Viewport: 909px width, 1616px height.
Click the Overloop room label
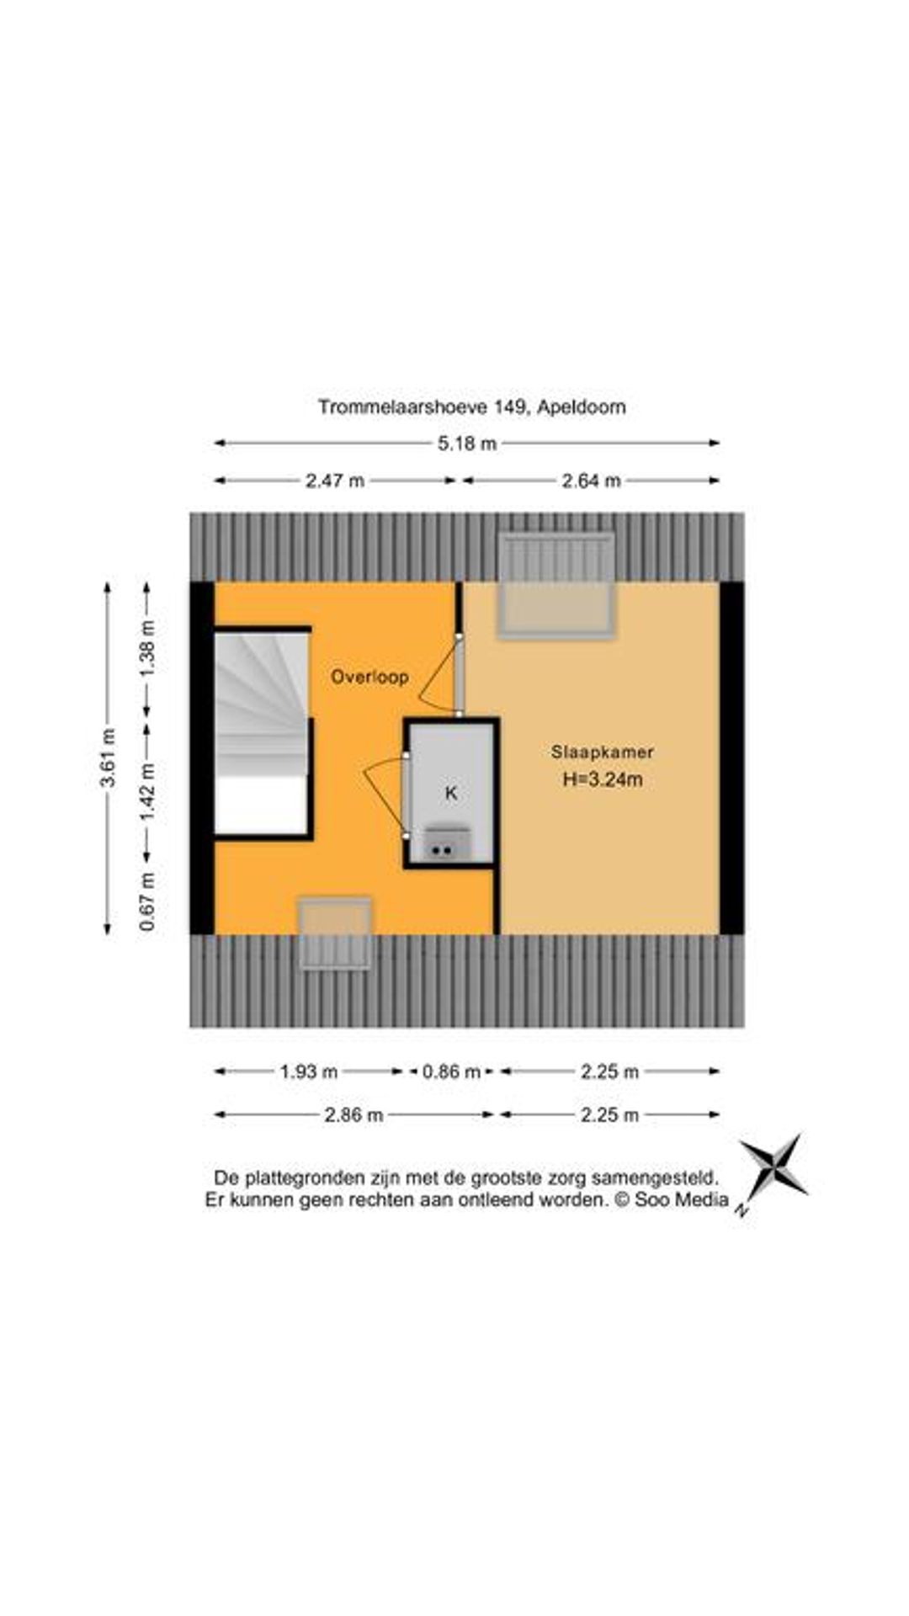[369, 676]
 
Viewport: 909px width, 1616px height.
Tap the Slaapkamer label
[603, 752]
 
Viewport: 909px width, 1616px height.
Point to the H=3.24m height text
[603, 779]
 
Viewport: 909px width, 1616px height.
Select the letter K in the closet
[451, 793]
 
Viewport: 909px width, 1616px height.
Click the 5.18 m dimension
[467, 444]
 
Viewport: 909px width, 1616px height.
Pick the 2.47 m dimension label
[334, 481]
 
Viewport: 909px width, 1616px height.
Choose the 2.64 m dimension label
[591, 481]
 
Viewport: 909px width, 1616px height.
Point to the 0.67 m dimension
[148, 901]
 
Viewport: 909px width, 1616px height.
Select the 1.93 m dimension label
[308, 1071]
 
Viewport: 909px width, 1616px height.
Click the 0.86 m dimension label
[451, 1071]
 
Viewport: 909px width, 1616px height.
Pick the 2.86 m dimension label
[353, 1115]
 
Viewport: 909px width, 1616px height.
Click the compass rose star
[773, 1167]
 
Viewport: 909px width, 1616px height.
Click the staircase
[261, 731]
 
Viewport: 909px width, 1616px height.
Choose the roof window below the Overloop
[336, 933]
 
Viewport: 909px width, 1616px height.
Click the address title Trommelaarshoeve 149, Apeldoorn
[472, 407]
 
